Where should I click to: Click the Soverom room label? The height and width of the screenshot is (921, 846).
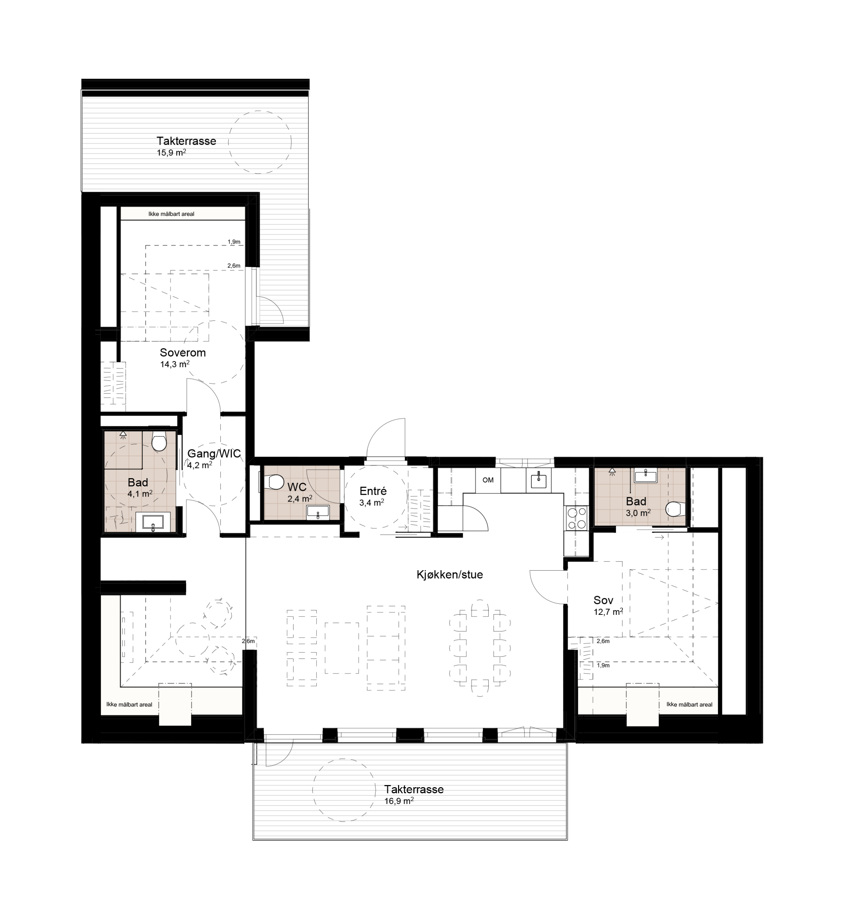183,353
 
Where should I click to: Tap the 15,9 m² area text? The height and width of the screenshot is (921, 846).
172,153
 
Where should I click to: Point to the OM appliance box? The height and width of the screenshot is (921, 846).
488,480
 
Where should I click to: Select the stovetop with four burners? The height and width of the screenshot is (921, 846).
577,518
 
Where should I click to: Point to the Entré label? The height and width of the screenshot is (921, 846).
373,491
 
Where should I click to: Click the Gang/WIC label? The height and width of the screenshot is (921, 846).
214,454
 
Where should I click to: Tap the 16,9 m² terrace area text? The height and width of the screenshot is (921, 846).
399,801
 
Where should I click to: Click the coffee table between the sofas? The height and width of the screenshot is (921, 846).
342,648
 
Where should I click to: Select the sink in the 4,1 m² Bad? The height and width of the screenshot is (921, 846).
153,522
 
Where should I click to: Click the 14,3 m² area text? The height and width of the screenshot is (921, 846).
175,364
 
